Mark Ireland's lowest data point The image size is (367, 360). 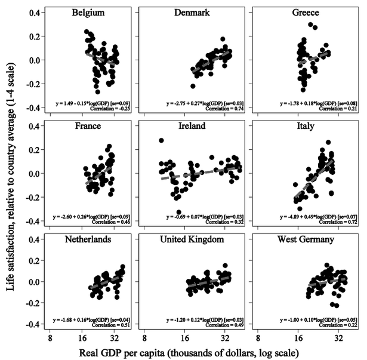pos(179,212)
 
